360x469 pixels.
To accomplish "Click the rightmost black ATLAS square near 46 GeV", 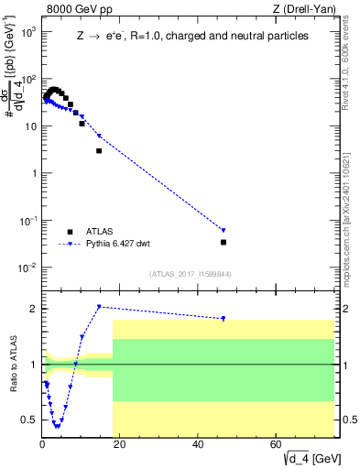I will [224, 242].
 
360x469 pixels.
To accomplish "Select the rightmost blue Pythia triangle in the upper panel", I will [224, 230].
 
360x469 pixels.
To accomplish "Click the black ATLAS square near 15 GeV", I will [99, 150].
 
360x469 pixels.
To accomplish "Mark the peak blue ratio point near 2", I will [99, 307].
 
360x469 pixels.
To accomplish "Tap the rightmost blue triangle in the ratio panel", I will [224, 319].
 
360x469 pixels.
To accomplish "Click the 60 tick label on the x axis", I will [277, 444].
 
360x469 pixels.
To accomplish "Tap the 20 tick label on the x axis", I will [120, 444].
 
